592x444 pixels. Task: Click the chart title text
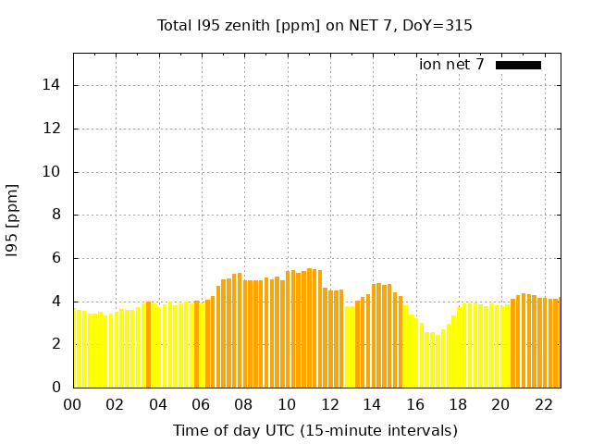point(314,26)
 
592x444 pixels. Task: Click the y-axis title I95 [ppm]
point(13,220)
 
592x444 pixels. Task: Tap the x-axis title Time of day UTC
point(314,431)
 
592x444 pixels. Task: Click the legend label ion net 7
point(451,65)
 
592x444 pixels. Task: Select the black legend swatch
point(518,65)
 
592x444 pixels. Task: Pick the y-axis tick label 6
point(58,258)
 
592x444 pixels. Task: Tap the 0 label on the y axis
point(58,388)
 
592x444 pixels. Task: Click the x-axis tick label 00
point(72,405)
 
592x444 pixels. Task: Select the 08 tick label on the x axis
point(243,405)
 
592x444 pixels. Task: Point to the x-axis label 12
point(329,405)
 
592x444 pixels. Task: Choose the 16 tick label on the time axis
point(414,405)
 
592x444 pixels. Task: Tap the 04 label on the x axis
point(158,405)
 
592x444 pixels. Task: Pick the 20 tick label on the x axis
point(500,405)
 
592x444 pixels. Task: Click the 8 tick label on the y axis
point(58,215)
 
